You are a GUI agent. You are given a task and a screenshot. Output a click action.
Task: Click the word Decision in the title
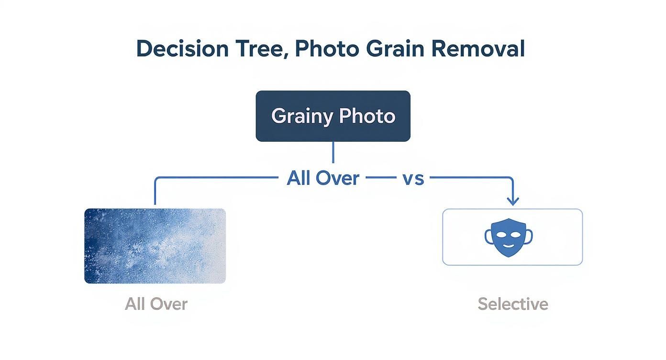coord(182,49)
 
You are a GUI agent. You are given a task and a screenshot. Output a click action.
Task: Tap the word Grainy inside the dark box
coord(302,116)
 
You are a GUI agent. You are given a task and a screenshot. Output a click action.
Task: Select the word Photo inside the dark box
coord(367,116)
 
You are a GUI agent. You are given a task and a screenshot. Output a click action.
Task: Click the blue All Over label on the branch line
coord(323,178)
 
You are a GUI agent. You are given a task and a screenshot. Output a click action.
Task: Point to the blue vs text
coord(412,178)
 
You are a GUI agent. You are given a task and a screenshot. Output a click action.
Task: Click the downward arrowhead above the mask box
coord(513,201)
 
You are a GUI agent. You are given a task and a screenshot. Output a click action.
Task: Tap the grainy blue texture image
coord(155,246)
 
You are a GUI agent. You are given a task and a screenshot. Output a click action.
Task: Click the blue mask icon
coord(509,237)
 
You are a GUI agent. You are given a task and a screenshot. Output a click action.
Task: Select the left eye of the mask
coord(502,234)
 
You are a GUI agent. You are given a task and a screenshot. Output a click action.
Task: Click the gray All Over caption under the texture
coord(156,304)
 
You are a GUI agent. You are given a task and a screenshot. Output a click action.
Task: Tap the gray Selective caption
coord(513,304)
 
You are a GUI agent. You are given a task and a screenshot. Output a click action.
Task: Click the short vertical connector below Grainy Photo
coord(333,152)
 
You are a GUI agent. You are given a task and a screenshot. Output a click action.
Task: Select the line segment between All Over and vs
coord(380,178)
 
